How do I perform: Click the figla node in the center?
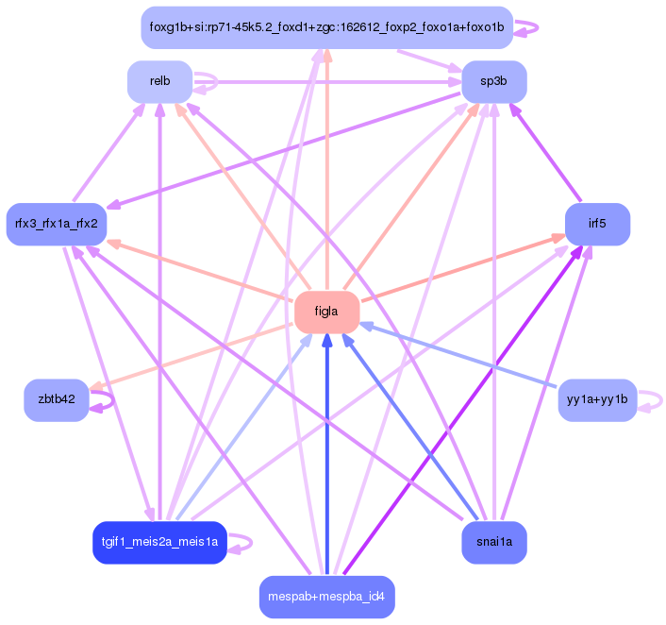point(326,312)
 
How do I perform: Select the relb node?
point(159,82)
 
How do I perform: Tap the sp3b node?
point(493,82)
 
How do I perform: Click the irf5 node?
point(596,224)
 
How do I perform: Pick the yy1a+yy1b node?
point(597,399)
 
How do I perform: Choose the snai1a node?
point(493,543)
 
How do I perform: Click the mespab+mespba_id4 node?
point(326,597)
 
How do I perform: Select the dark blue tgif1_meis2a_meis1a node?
point(159,542)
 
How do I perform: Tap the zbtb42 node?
point(57,399)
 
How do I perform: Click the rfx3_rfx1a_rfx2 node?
point(57,224)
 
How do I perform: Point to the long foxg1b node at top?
point(326,27)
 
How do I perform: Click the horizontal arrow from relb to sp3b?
point(330,82)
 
